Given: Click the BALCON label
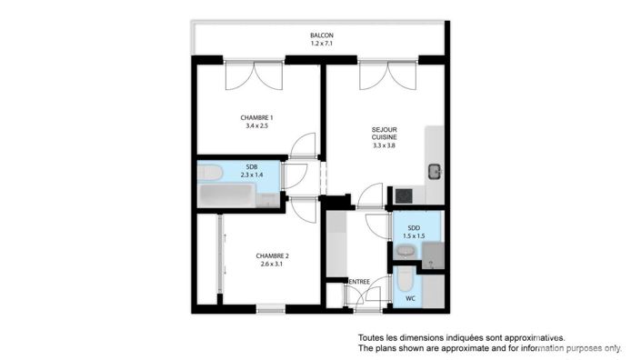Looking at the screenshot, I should coord(320,35).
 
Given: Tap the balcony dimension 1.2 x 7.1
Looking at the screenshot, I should coord(320,44).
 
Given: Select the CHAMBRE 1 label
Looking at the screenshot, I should coord(257,117).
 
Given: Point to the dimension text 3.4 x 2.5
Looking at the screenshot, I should coord(257,125).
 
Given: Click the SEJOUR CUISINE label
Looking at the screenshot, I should coord(384,133).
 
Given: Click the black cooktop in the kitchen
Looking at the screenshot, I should coord(401,195).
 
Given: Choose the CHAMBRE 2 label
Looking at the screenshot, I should coord(272,255).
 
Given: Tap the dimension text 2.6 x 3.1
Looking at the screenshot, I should coord(272,265).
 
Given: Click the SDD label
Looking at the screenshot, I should coord(414,227).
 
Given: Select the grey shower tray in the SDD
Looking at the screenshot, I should coord(432,255).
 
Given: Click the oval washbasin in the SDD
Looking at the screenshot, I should coord(406,251).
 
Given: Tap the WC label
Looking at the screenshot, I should coord(411,297).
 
